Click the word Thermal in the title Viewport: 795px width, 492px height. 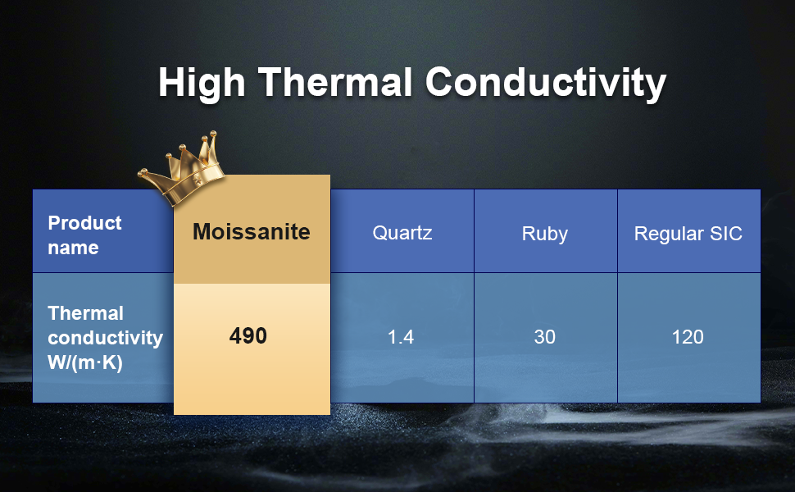335,82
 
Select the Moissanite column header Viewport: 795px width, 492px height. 252,232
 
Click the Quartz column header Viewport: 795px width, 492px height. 402,233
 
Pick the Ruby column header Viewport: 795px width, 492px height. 544,234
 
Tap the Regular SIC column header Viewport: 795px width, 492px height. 688,234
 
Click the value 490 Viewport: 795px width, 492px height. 248,335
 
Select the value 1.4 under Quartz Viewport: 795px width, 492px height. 401,337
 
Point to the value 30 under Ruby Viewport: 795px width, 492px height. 544,337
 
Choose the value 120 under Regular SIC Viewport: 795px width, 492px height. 688,337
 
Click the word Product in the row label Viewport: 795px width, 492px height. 84,223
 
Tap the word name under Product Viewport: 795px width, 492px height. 73,248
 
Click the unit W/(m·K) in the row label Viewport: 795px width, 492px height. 85,362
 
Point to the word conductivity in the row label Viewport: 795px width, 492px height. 106,338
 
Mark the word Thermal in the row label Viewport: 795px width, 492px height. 86,313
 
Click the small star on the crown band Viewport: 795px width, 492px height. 198,178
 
